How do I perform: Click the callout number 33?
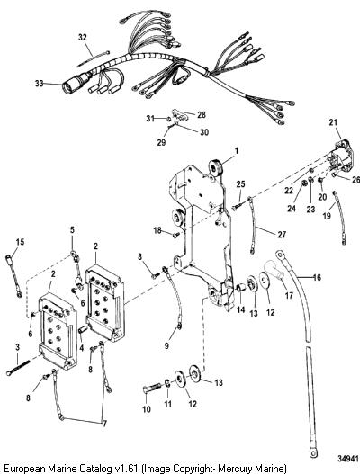39,83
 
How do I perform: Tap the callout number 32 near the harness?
82,37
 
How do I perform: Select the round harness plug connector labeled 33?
75,84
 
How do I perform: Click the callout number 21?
333,122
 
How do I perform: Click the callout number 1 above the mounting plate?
237,150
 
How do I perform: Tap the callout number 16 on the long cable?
317,277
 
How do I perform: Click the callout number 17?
289,295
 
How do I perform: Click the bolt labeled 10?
152,389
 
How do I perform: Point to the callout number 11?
167,404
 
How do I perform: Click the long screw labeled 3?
19,367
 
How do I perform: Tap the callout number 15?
21,242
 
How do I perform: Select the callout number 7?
104,424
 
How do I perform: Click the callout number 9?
166,345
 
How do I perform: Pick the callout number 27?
282,234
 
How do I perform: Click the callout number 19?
327,216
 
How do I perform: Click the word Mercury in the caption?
238,469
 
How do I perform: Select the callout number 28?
202,115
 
